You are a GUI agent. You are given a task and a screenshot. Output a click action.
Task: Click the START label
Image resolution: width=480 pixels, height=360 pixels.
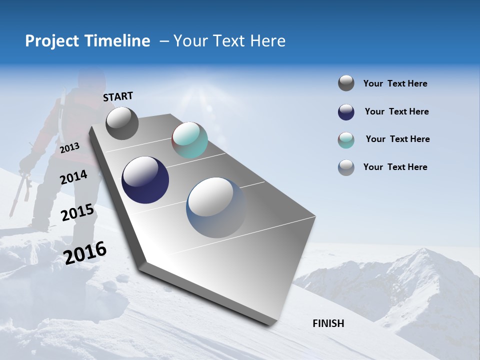(118, 96)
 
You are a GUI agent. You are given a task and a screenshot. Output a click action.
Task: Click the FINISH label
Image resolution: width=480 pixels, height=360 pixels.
(328, 323)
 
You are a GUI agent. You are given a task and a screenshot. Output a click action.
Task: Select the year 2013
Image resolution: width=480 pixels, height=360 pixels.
(69, 148)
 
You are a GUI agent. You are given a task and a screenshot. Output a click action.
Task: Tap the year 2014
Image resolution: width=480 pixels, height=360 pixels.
(73, 177)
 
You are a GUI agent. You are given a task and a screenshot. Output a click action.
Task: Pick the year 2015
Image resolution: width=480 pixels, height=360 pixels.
(77, 212)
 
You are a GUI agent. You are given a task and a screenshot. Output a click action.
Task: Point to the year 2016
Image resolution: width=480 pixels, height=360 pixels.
(85, 252)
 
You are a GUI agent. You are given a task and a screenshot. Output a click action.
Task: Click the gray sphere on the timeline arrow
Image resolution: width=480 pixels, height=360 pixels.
(122, 123)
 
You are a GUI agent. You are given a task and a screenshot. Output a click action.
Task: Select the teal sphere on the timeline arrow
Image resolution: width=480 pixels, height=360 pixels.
(189, 140)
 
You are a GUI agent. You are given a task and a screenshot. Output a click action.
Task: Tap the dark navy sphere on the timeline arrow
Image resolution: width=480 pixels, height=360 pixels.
(145, 180)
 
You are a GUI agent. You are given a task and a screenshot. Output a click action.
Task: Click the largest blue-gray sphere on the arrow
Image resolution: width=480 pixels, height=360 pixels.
(216, 207)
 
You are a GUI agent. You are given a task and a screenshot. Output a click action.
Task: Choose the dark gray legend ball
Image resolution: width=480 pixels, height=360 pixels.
(346, 83)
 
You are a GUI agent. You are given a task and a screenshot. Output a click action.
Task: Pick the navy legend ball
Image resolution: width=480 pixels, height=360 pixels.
(346, 112)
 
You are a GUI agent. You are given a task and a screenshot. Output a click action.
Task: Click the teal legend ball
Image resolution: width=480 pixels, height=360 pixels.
(346, 140)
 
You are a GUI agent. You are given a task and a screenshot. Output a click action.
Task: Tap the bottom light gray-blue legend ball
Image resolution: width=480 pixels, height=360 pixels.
(346, 167)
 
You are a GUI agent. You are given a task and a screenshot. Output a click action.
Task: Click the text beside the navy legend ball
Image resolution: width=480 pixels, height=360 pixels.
(396, 111)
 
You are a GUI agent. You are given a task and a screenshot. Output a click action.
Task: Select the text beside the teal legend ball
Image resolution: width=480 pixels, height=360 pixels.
(397, 139)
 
